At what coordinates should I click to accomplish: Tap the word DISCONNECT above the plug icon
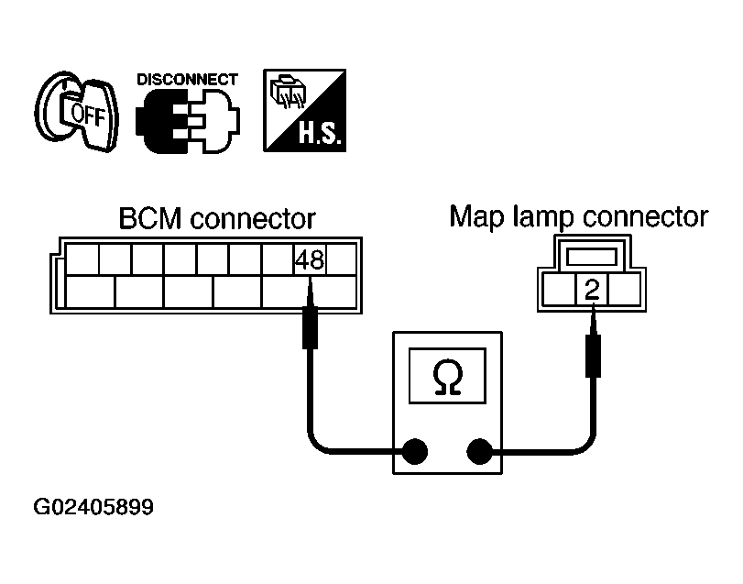(x=187, y=79)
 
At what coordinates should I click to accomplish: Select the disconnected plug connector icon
(x=187, y=120)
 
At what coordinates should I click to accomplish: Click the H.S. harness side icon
(x=303, y=110)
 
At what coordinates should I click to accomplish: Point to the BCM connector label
(x=217, y=220)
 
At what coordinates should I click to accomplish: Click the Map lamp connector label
(x=578, y=217)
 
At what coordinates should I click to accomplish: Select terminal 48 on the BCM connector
(x=309, y=261)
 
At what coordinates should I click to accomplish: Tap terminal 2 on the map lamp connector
(x=592, y=292)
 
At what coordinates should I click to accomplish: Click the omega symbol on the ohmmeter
(x=448, y=376)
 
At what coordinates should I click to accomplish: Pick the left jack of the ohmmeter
(x=415, y=451)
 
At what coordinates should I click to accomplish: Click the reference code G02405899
(x=93, y=507)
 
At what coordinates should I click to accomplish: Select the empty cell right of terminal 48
(x=340, y=261)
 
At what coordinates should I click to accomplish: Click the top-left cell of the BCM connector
(x=83, y=261)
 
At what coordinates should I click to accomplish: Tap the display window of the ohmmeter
(x=448, y=376)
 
